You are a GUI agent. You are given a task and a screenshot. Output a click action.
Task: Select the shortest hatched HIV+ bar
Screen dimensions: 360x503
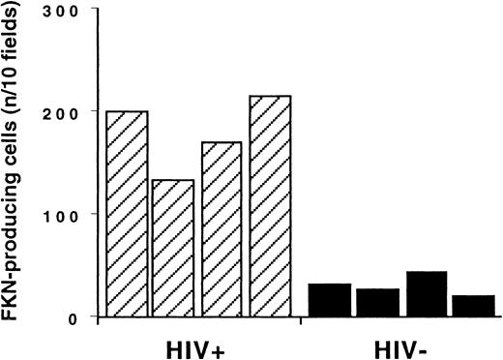click(173, 248)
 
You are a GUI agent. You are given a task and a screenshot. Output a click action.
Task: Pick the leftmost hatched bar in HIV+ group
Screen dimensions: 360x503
click(127, 213)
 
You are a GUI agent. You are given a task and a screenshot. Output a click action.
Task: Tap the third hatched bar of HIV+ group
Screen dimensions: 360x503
click(222, 228)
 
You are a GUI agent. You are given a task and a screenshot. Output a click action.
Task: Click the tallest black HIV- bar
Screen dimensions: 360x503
click(427, 293)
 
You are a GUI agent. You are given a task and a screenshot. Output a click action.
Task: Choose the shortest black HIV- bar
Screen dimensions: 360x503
click(473, 305)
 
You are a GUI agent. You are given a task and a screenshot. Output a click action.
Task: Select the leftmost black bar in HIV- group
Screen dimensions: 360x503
click(329, 299)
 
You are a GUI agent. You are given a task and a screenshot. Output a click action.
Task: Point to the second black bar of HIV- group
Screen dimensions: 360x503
click(377, 302)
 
